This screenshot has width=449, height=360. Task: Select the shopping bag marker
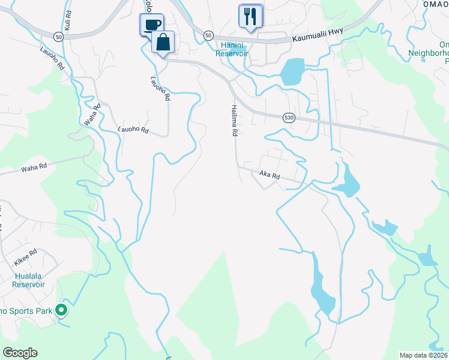(x=163, y=42)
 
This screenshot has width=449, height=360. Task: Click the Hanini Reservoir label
(x=232, y=49)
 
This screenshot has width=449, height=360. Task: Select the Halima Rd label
(x=233, y=120)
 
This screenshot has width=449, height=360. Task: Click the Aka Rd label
(x=270, y=175)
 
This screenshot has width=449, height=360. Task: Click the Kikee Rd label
(x=25, y=257)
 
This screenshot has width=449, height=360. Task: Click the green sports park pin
(x=61, y=310)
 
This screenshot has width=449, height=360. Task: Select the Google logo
(x=20, y=353)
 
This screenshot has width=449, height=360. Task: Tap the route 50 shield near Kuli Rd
(x=58, y=37)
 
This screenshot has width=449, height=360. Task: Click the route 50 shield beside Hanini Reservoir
(x=208, y=35)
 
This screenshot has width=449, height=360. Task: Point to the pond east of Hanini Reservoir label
(x=292, y=71)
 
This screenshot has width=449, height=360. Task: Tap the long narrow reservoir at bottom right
(x=321, y=288)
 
